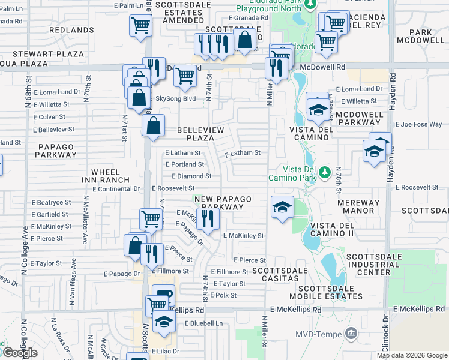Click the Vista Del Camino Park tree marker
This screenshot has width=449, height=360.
325,172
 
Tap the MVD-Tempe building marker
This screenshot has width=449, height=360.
352,332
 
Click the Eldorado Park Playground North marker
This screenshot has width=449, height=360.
310,5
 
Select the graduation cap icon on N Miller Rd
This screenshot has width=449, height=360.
282,208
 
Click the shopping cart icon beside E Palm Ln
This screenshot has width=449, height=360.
140,26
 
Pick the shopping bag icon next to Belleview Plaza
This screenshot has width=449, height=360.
154,126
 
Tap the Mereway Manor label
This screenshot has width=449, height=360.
358,206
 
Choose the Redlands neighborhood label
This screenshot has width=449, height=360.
71,29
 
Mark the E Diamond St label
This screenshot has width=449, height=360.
191,176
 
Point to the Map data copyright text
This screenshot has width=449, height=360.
412,355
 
